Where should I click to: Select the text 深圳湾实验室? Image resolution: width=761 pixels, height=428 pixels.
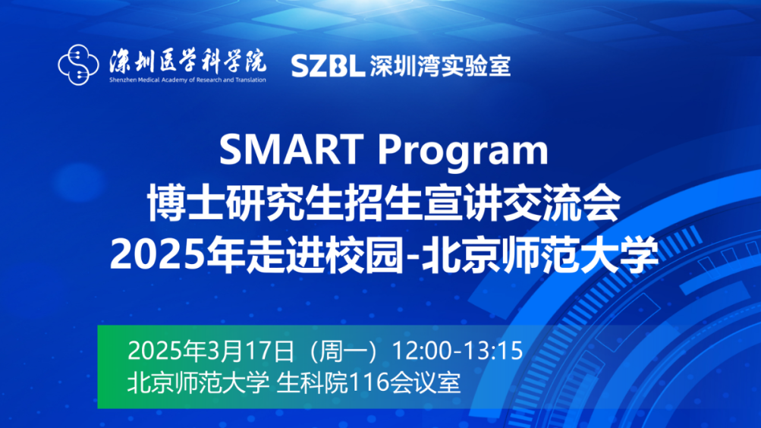click(441, 66)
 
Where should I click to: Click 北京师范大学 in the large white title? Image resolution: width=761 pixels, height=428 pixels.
click(556, 256)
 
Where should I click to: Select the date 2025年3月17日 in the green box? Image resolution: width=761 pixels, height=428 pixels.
click(210, 351)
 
